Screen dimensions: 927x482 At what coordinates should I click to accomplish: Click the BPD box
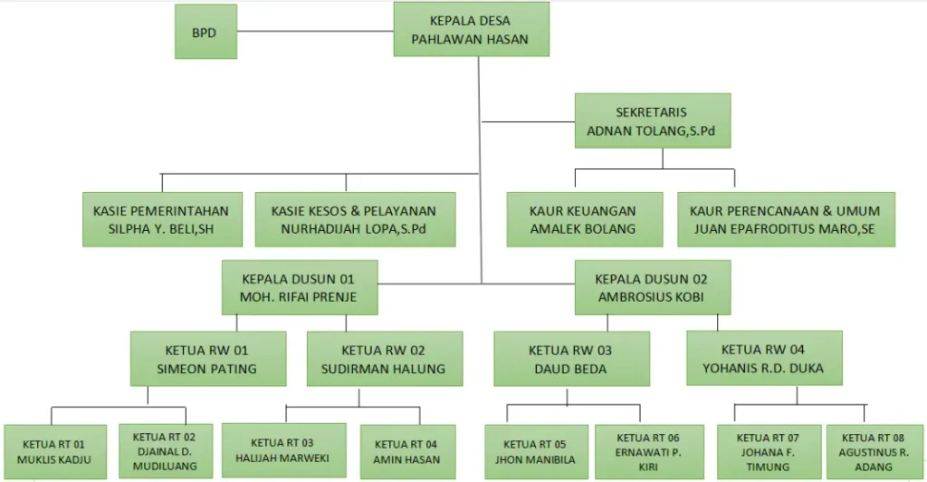point(205,32)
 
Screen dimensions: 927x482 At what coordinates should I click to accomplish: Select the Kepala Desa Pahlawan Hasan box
point(471,30)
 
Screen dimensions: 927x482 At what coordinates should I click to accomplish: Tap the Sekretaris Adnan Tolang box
point(653,120)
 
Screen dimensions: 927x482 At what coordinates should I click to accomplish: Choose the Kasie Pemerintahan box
point(163,219)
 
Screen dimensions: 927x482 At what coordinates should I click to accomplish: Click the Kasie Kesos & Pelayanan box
point(355,219)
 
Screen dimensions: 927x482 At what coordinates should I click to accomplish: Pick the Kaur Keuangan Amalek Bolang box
point(585,219)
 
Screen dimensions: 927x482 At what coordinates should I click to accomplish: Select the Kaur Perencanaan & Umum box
point(787,219)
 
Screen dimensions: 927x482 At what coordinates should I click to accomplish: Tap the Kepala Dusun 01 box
point(300,287)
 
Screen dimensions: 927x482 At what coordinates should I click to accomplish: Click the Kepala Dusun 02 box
point(653,287)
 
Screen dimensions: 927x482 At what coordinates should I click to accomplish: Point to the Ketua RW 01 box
point(208,359)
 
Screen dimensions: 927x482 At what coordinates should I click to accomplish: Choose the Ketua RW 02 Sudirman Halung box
point(385,359)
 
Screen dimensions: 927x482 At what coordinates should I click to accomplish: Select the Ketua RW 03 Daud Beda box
point(572,359)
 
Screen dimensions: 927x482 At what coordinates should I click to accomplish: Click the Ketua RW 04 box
point(764,358)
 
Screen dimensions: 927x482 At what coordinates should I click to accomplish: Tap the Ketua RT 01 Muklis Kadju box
point(55,452)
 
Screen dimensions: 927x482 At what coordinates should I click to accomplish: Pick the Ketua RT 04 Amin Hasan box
point(408,452)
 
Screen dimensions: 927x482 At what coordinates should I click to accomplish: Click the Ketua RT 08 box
point(875,452)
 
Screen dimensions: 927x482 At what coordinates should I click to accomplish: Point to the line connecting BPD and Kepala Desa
point(315,31)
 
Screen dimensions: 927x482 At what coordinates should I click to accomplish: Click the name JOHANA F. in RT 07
point(768,452)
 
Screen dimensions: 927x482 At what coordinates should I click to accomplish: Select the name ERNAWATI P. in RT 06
point(648,452)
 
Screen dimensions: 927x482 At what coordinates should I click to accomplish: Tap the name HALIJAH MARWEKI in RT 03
point(282,458)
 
